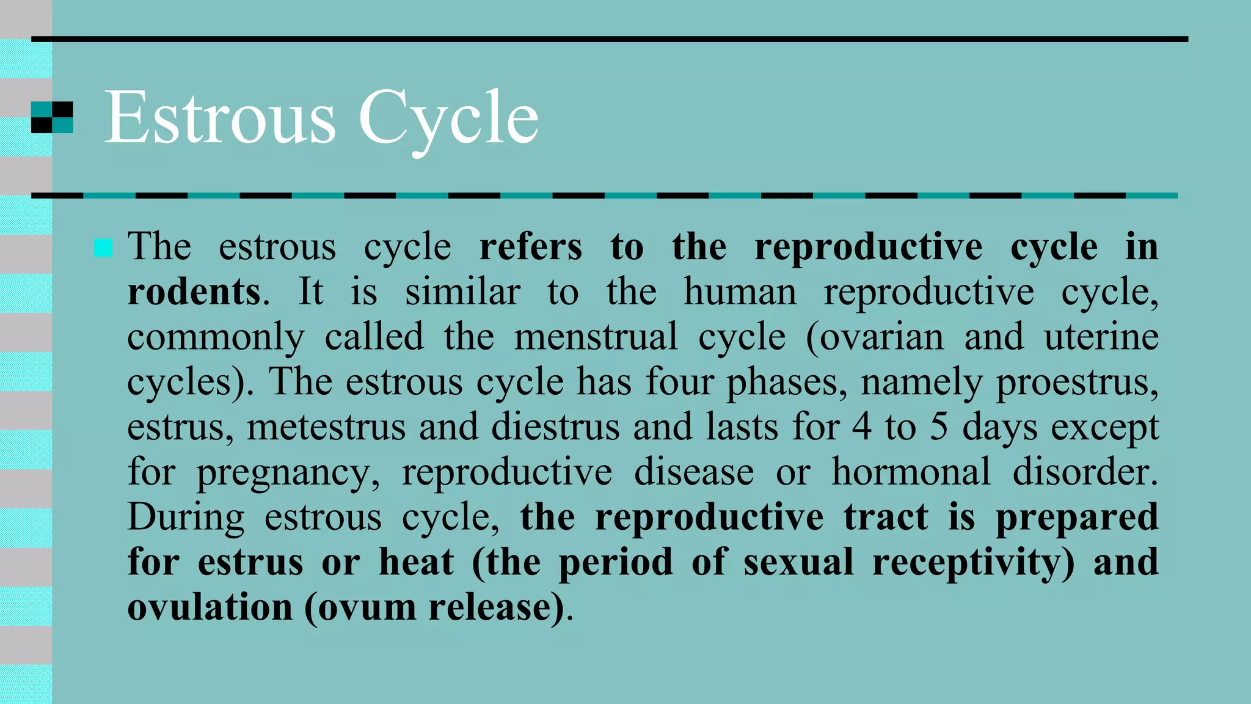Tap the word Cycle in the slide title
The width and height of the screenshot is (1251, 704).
(448, 118)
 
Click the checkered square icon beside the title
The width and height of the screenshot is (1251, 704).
(52, 117)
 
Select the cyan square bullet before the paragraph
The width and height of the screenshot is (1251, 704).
(103, 248)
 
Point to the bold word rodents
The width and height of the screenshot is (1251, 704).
(194, 291)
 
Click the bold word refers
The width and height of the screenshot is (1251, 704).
(531, 247)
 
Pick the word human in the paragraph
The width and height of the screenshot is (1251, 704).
(740, 291)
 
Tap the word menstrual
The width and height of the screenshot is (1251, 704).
(596, 337)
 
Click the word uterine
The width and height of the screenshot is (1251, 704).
(1101, 337)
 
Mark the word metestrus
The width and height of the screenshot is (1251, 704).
(326, 427)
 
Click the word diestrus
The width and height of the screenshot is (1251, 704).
(555, 427)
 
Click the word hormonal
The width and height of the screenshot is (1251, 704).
(911, 472)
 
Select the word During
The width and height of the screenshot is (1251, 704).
(186, 518)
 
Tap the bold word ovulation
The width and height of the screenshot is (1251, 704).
(210, 607)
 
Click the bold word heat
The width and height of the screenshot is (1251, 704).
(417, 562)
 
